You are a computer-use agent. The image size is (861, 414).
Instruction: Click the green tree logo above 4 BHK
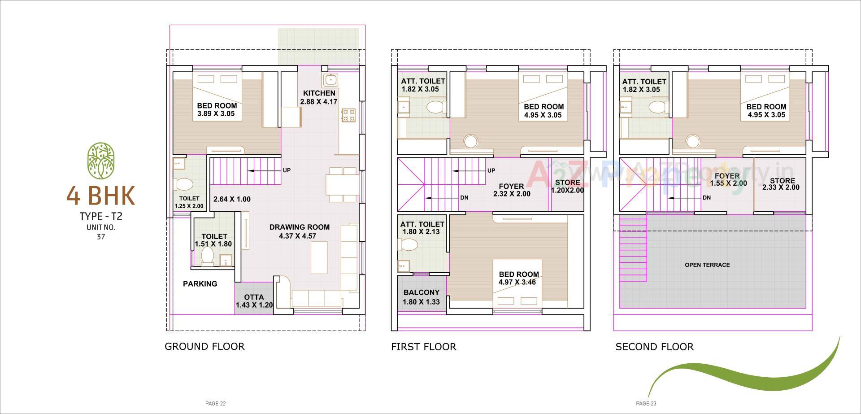pos(100,161)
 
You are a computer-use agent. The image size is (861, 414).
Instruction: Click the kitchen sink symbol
pos(330,80)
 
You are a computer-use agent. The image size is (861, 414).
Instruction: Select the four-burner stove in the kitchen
pos(348,115)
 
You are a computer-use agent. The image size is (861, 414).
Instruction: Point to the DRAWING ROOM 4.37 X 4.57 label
pos(299,231)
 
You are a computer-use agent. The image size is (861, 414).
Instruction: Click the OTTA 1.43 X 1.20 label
pos(254,301)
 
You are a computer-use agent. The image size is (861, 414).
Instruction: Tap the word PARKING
pos(200,283)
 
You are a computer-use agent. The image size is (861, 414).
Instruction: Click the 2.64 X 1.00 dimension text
pos(232,199)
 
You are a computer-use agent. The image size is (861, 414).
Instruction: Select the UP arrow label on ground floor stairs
pos(287,170)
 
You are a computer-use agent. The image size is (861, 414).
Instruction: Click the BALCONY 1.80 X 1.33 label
pos(421,297)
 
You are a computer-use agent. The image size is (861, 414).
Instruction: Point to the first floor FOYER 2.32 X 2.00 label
pos(511,190)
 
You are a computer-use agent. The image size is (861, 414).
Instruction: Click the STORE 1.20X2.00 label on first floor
pos(567,186)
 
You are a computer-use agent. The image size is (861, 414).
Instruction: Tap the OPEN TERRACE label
pos(707,265)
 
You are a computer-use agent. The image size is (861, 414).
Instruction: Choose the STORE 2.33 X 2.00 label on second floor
pos(780,184)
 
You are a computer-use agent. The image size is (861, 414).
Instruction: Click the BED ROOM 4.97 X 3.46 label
pos(518,278)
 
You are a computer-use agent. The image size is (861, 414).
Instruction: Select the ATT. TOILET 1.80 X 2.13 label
pos(422,228)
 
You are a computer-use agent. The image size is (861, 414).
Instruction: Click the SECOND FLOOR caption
pos(654,347)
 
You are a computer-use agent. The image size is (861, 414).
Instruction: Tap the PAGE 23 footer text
pos(646,404)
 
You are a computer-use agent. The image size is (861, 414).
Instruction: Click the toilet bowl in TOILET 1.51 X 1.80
pos(207,256)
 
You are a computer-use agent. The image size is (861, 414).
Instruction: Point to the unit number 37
pos(100,237)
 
